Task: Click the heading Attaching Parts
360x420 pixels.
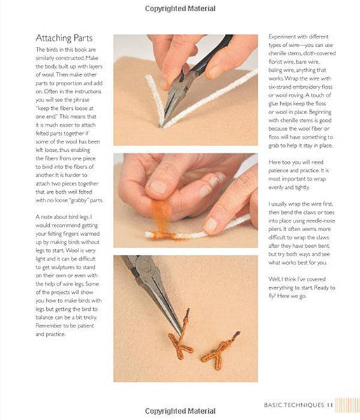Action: pos(64,38)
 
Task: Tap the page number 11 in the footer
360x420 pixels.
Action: pos(330,405)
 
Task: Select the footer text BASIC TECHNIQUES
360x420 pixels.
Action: pos(294,405)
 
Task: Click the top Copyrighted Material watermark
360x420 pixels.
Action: pos(180,8)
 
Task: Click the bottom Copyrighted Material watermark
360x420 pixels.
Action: pos(180,411)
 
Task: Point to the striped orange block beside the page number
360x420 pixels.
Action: pos(347,405)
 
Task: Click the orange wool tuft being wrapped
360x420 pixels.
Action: pos(161,216)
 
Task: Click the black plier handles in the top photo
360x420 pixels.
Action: pos(212,55)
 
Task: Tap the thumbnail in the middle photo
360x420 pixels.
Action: pos(158,187)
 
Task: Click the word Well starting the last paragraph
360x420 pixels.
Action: pos(275,279)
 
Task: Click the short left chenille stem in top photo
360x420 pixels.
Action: pos(155,99)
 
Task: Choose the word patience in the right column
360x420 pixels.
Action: pos(279,171)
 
